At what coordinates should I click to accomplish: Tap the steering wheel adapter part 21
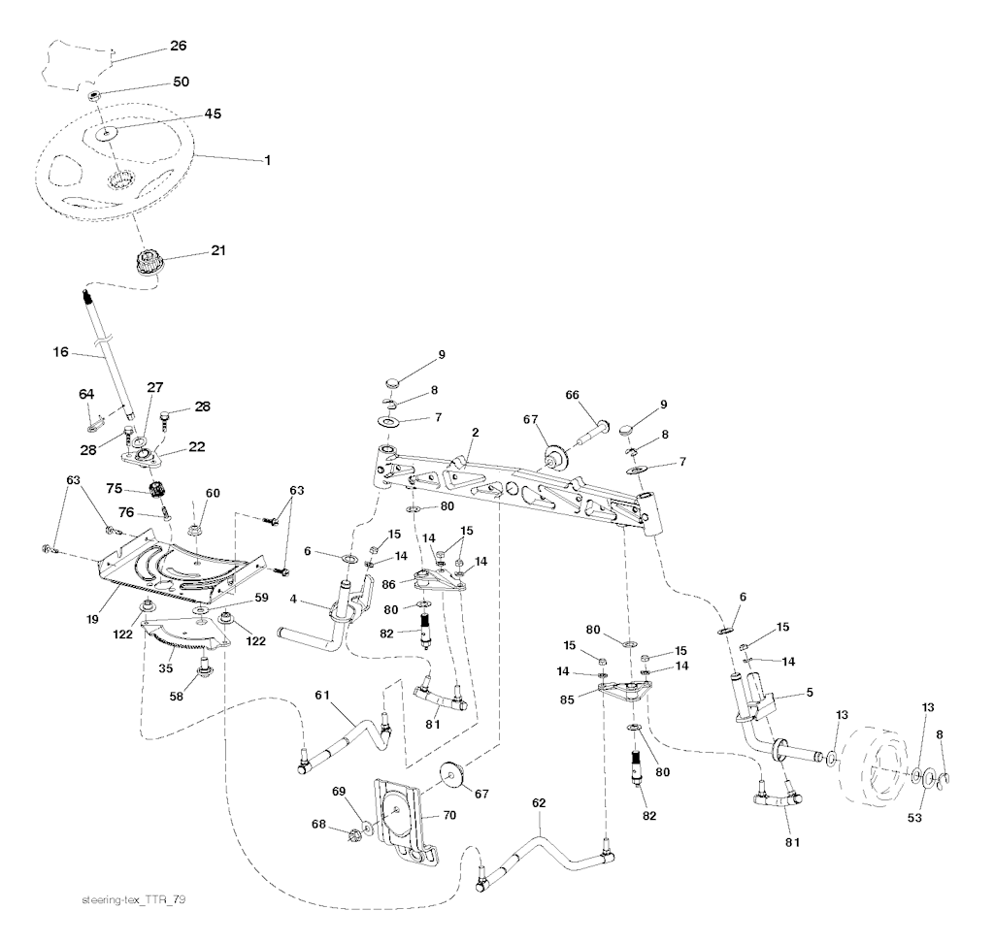[x=149, y=262]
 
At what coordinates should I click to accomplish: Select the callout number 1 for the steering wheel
[x=267, y=159]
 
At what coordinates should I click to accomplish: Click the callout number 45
[x=213, y=114]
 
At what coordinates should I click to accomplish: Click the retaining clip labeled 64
[x=95, y=424]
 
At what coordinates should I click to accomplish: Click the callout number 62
[x=540, y=803]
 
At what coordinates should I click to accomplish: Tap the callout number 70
[x=448, y=815]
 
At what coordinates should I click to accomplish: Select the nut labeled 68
[x=355, y=833]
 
